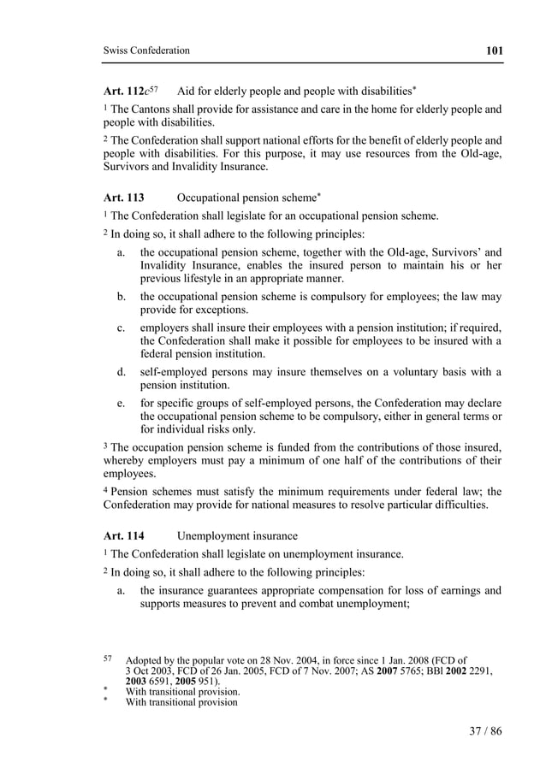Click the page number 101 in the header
(x=493, y=50)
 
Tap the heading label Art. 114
(x=123, y=536)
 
